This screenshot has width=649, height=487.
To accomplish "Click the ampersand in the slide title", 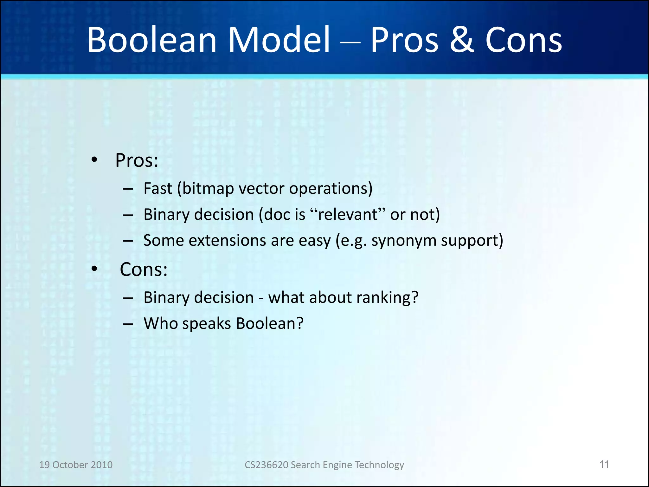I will (462, 40).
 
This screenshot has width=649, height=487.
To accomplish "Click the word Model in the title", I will (279, 40).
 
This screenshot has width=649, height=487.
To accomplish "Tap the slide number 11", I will (604, 464).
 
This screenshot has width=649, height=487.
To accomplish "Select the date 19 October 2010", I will (76, 465).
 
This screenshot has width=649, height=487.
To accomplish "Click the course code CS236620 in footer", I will (266, 465).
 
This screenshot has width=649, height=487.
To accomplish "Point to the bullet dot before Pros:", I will (94, 160).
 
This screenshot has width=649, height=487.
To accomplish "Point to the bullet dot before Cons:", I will (94, 269).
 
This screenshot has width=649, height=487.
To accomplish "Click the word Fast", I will (158, 188).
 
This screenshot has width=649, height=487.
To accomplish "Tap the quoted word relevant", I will (348, 215).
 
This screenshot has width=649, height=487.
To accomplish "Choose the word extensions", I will (227, 240).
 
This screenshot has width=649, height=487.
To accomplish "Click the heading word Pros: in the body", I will (137, 160).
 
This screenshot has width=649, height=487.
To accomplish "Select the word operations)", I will (331, 189).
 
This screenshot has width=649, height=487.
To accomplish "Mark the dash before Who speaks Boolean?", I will (128, 324).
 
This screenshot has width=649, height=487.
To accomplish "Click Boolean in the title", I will (152, 40).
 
